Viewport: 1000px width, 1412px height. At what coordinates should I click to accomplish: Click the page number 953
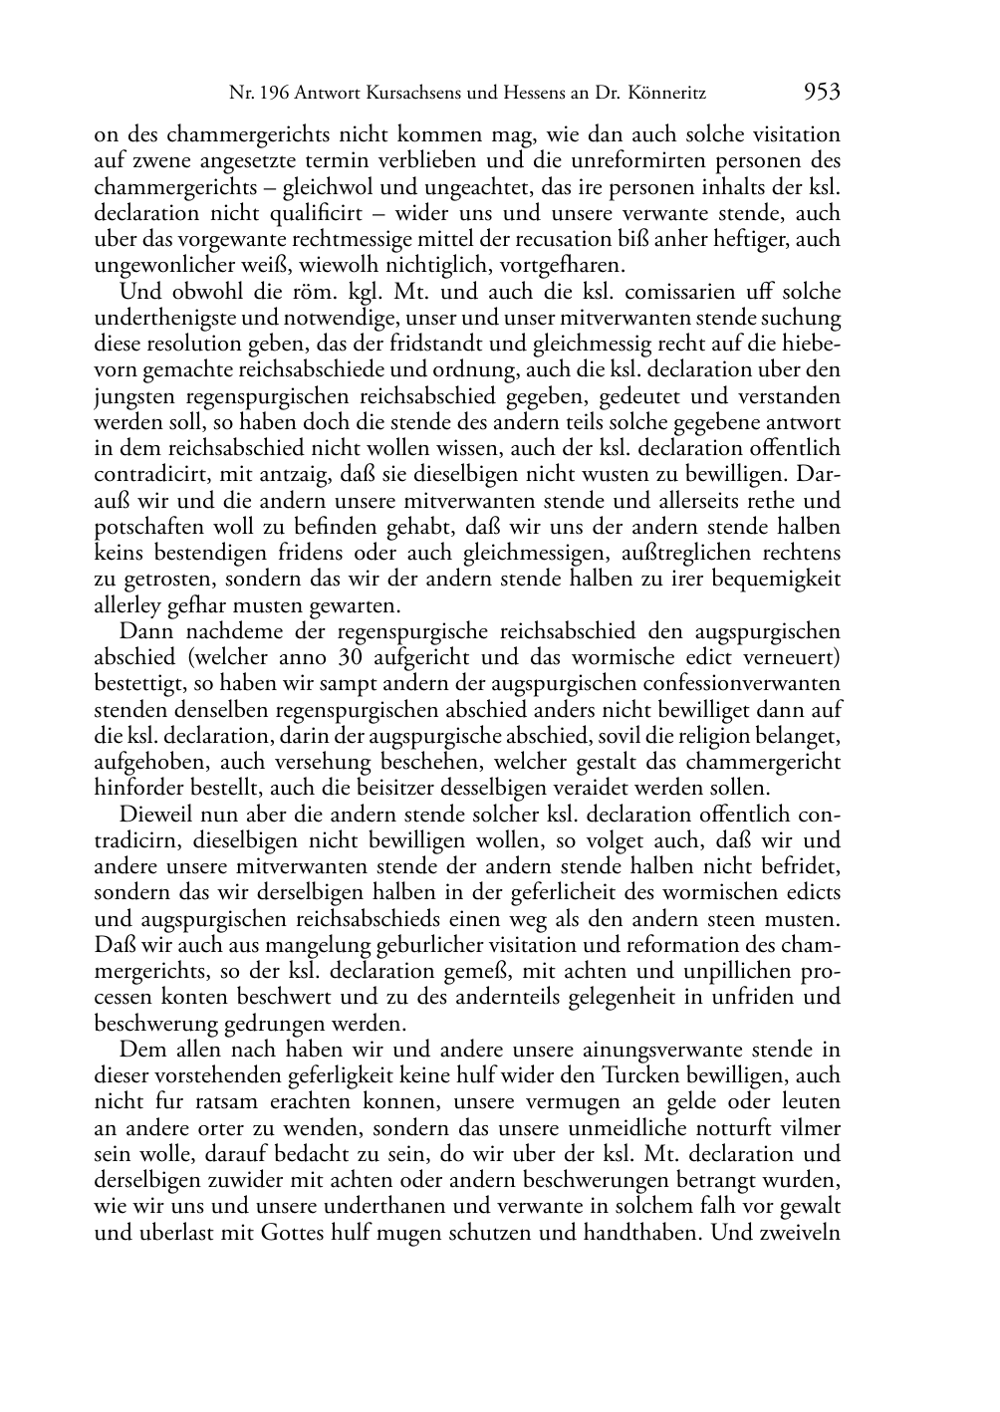822,93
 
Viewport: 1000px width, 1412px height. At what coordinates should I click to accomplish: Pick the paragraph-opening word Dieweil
153,815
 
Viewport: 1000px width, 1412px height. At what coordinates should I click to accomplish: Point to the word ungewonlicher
162,266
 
